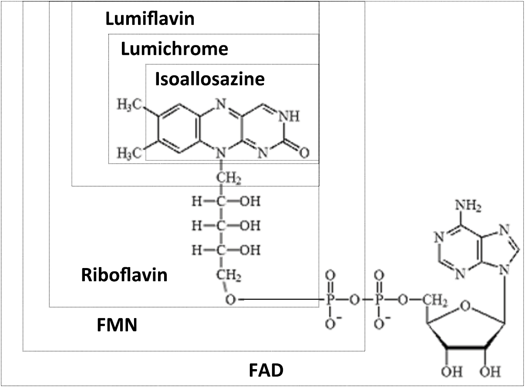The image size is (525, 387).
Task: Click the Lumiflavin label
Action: pyautogui.click(x=150, y=19)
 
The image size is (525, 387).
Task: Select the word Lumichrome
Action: pyautogui.click(x=174, y=49)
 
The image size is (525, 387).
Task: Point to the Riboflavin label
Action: pyautogui.click(x=125, y=275)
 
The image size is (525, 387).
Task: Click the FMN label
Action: pyautogui.click(x=117, y=325)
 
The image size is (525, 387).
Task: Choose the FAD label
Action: pyautogui.click(x=266, y=370)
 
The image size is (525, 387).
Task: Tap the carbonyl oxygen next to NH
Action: pyautogui.click(x=304, y=153)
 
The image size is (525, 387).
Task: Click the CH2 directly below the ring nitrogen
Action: pyautogui.click(x=228, y=177)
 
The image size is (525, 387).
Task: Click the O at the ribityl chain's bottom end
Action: pyautogui.click(x=231, y=300)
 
